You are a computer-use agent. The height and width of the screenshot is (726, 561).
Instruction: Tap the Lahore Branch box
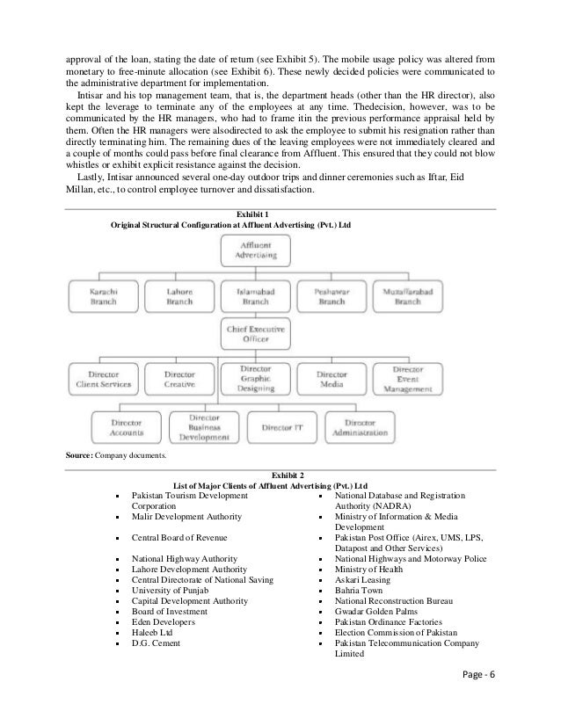pyautogui.click(x=179, y=295)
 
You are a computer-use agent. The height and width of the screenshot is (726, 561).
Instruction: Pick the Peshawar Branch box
pyautogui.click(x=331, y=295)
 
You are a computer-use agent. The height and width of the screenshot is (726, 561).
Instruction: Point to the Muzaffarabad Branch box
pyautogui.click(x=407, y=295)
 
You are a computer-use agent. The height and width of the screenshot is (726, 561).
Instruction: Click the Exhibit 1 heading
pyautogui.click(x=255, y=214)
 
